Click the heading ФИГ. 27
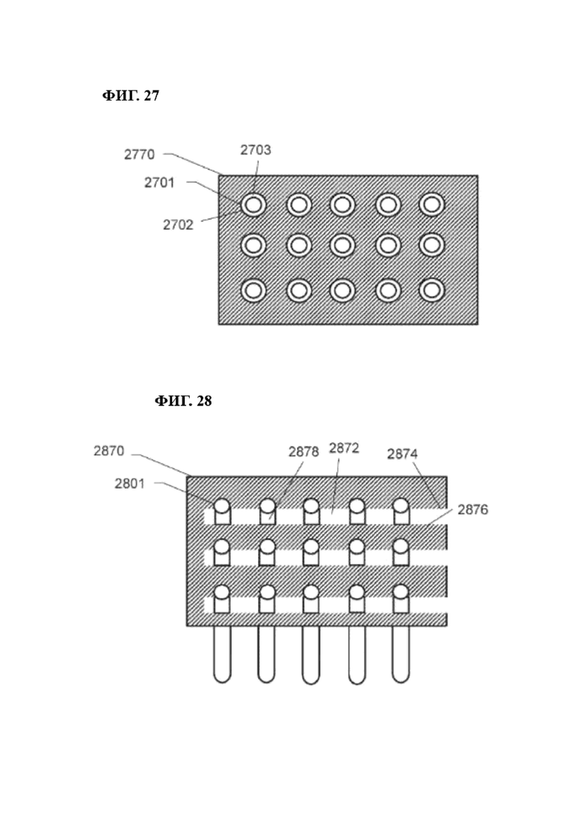(x=130, y=96)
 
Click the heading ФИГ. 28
(x=183, y=401)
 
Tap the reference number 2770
(x=139, y=155)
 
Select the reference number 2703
(x=256, y=150)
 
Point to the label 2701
(x=159, y=183)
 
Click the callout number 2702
(x=178, y=225)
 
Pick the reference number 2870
(x=109, y=451)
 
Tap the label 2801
(x=129, y=483)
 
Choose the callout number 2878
(x=304, y=452)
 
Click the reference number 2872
(x=345, y=448)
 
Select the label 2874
(x=402, y=454)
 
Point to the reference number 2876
(x=472, y=509)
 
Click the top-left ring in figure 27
(x=254, y=205)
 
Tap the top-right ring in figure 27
(x=431, y=205)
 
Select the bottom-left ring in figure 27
(x=254, y=290)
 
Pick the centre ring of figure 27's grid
(x=343, y=246)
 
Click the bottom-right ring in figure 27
(x=431, y=290)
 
